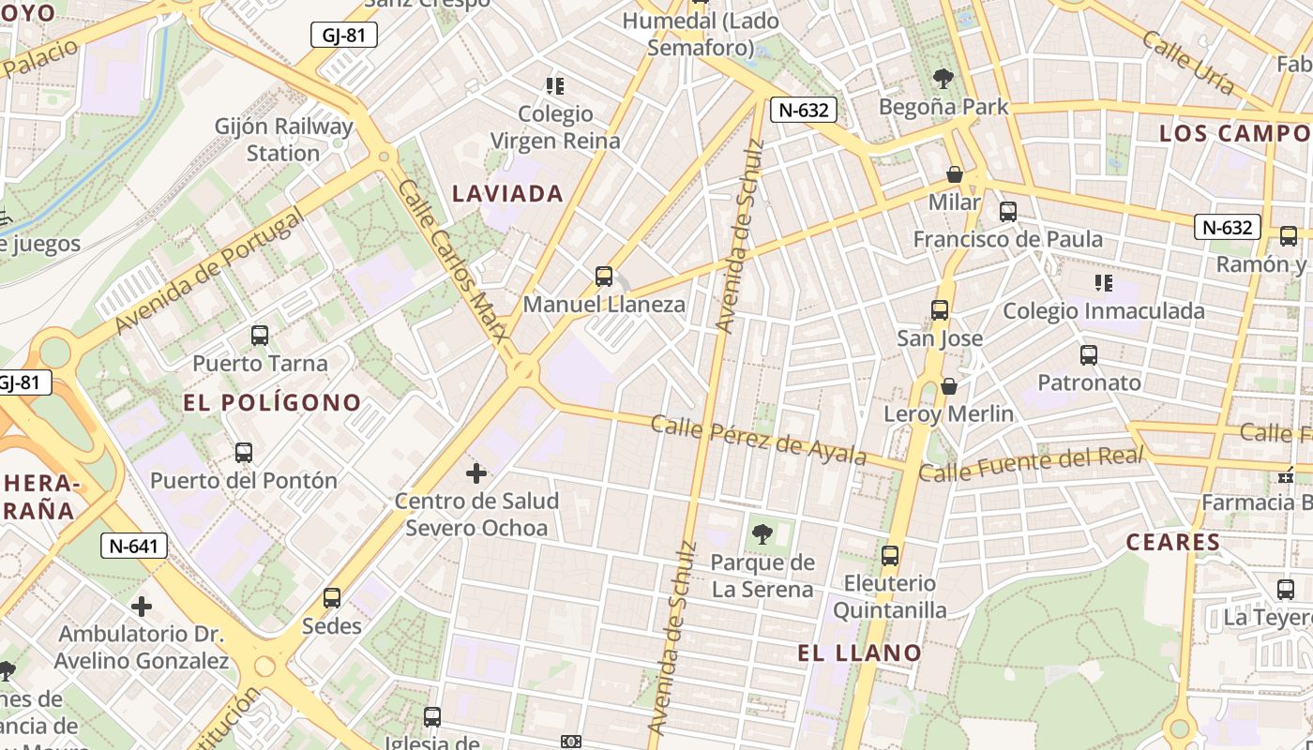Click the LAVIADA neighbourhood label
(507, 194)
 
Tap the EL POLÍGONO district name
(272, 403)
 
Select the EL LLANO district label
(860, 652)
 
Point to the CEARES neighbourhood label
(1172, 542)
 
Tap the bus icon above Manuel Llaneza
(604, 277)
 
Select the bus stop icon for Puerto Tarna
(260, 335)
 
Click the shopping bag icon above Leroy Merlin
(949, 385)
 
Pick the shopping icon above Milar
(955, 174)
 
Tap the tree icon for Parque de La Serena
(762, 534)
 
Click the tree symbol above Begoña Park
(943, 79)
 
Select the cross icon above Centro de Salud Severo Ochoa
(476, 472)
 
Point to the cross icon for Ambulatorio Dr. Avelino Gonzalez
(142, 607)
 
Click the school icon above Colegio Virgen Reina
(555, 86)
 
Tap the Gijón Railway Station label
(283, 139)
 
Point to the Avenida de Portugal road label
(210, 271)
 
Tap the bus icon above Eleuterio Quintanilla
(890, 555)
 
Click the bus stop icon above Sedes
(332, 597)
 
